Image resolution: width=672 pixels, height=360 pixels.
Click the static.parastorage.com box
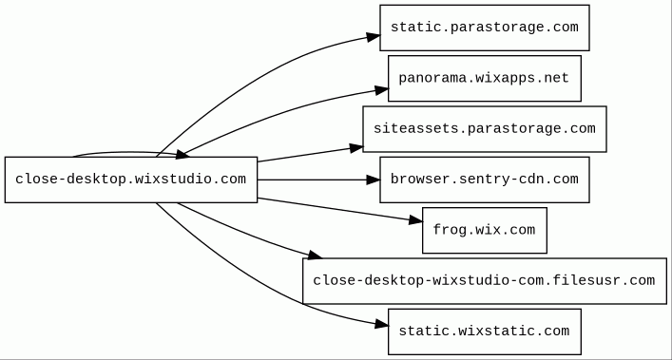[485, 28]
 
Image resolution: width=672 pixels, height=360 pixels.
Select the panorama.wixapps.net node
[485, 78]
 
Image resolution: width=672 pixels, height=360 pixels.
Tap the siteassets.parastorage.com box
[485, 129]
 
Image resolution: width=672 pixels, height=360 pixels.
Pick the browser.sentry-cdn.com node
[485, 180]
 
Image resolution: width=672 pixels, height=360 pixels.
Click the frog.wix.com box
[485, 230]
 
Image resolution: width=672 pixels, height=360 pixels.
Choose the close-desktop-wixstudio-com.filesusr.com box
[485, 281]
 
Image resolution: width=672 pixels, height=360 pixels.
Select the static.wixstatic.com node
[485, 332]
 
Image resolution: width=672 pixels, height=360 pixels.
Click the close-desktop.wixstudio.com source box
[131, 180]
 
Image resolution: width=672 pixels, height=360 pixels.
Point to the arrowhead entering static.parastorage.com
[374, 37]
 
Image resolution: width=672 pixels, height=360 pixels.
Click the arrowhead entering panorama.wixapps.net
[382, 90]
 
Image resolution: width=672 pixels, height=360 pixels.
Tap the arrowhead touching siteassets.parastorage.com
[356, 148]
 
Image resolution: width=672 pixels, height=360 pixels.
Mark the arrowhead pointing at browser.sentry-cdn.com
[374, 180]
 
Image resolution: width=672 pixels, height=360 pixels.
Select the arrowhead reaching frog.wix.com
[415, 220]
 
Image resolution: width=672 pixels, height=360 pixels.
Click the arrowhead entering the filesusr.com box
[315, 256]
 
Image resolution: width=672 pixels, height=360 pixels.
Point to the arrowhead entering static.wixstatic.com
[382, 325]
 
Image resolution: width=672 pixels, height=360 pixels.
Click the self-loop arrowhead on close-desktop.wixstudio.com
[182, 155]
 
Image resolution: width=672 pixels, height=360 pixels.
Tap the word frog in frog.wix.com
[450, 230]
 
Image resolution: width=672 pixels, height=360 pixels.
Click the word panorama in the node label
[432, 78]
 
